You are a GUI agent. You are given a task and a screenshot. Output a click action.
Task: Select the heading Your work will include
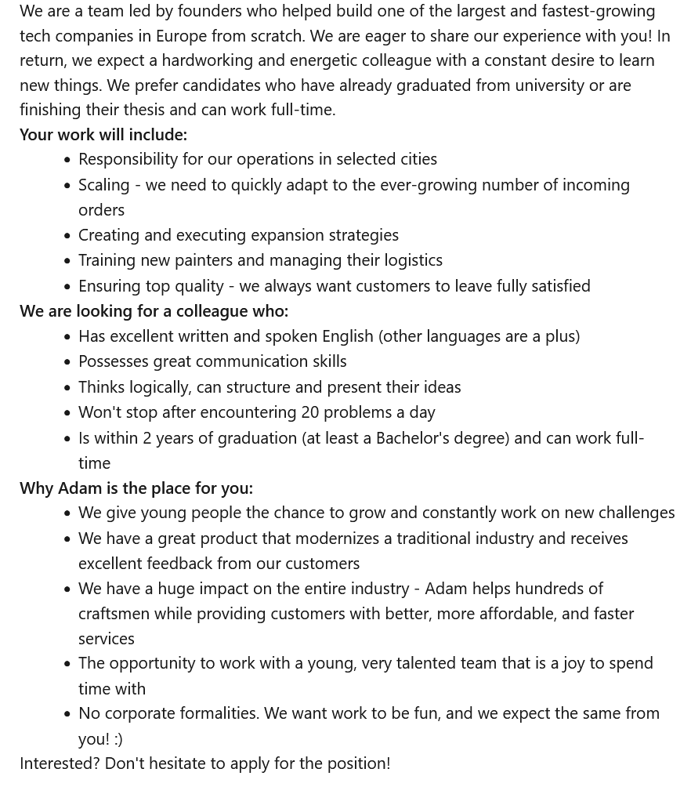click(103, 134)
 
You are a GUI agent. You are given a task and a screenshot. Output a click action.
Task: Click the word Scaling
click(104, 184)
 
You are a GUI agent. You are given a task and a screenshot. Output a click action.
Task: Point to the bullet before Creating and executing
click(67, 235)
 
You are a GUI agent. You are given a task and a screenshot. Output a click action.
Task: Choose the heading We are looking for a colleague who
click(154, 310)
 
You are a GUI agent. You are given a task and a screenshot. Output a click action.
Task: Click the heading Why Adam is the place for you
click(136, 488)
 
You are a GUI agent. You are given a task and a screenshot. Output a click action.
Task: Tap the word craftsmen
click(114, 613)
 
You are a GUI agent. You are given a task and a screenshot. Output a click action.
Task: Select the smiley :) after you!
click(118, 738)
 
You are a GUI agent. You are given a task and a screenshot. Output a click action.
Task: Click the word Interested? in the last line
click(60, 763)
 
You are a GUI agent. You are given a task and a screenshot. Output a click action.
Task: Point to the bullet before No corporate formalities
click(67, 714)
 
